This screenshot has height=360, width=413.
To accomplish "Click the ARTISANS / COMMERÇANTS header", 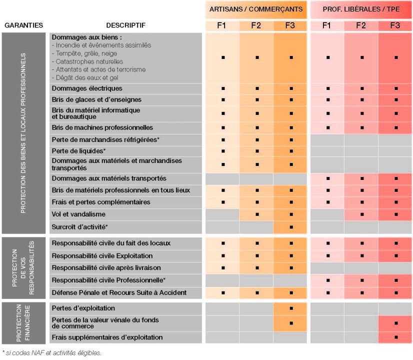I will (x=256, y=9).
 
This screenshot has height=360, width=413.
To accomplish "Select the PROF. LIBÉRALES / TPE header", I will (x=361, y=9).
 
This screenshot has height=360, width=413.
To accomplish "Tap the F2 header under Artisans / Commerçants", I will (x=256, y=25).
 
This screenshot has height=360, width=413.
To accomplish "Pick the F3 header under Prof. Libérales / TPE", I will (x=395, y=25).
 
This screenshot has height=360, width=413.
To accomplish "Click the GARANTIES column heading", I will (x=23, y=25).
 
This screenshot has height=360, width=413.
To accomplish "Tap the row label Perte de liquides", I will (x=78, y=150).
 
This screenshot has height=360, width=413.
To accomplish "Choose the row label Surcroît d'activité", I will (x=80, y=227).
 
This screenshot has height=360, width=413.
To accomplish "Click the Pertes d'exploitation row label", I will (x=83, y=308).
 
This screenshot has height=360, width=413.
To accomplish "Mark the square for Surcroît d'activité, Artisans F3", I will (x=291, y=227).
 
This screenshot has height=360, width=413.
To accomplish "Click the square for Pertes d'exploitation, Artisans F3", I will (x=291, y=308).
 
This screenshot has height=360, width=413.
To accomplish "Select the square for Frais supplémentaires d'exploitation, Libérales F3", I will (x=395, y=337).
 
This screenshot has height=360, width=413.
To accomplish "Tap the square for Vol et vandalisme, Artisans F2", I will (x=257, y=214).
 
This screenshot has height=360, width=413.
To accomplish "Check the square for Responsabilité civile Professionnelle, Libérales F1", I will (x=327, y=280).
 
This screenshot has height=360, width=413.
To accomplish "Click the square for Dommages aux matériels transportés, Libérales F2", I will (x=361, y=178).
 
